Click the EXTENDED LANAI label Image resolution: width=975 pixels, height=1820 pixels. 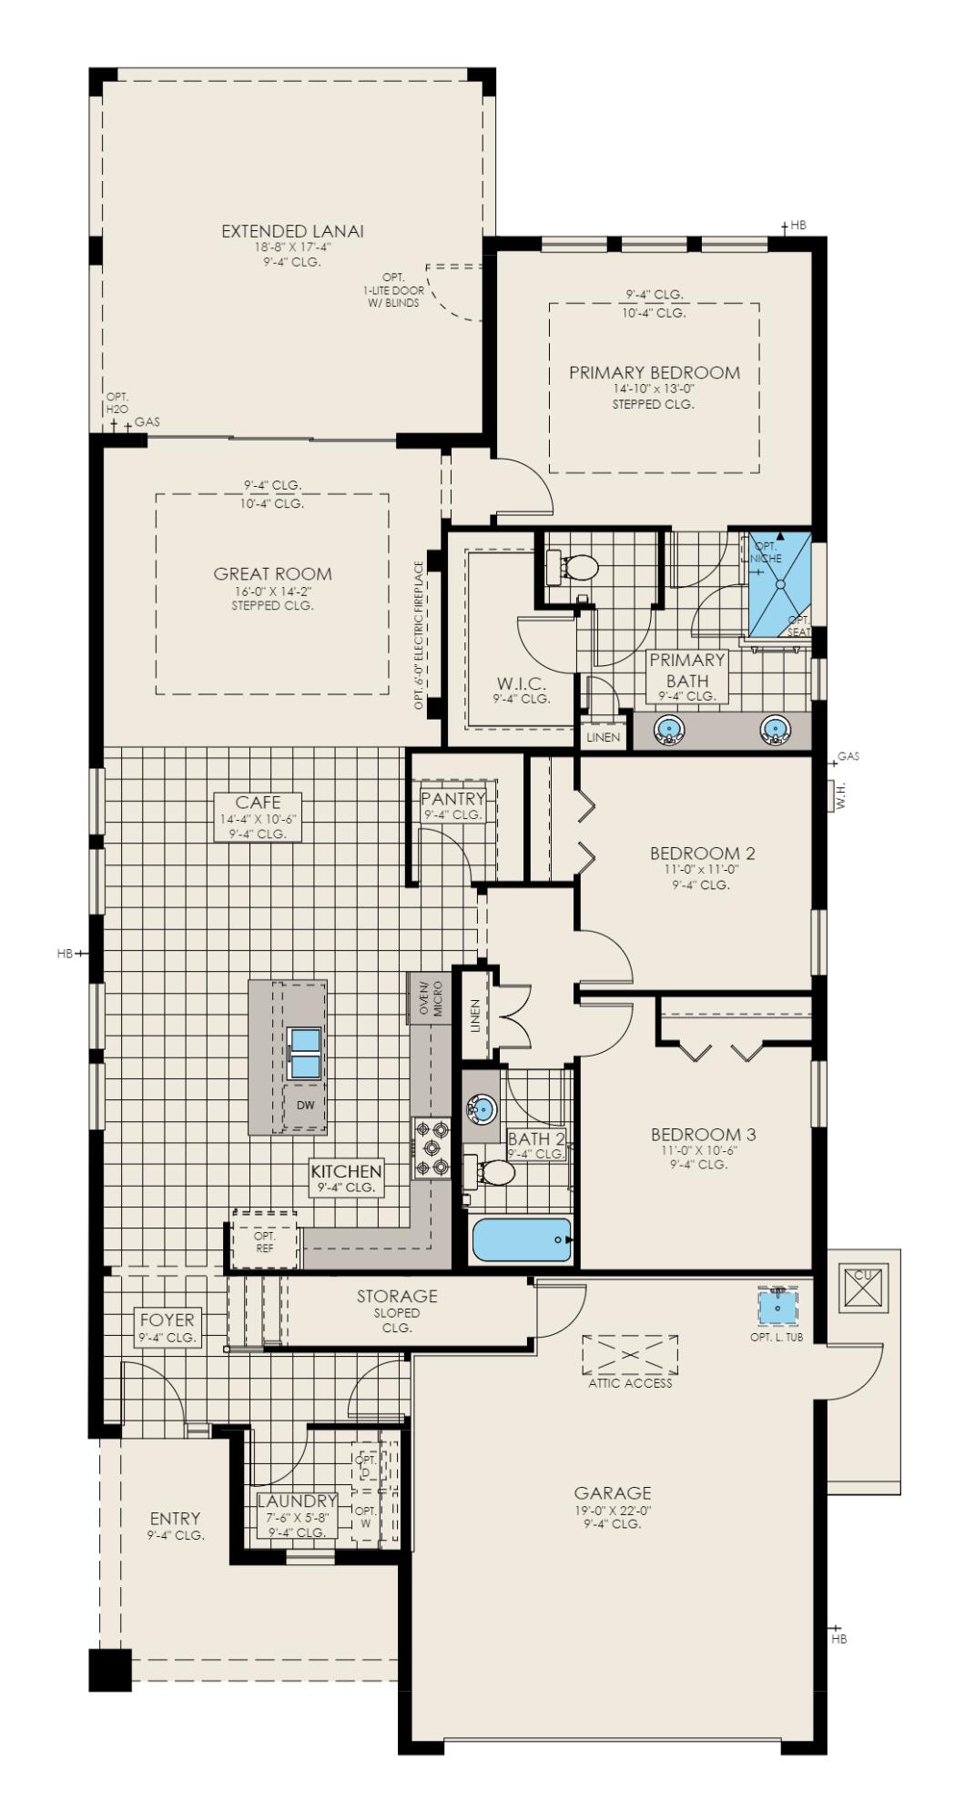coord(292,231)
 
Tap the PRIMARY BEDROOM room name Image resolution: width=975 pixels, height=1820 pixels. coord(654,372)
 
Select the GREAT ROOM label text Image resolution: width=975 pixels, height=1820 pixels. coord(272,573)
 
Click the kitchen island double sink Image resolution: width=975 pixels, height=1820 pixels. coord(305,1053)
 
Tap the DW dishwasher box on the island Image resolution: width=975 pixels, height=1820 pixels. coord(305,1106)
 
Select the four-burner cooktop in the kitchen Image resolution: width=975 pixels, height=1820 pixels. coord(432,1148)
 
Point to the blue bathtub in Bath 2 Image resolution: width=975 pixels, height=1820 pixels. coord(522,1239)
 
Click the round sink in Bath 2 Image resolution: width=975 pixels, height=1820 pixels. coord(482,1108)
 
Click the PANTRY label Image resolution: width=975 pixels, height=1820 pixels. coord(452,798)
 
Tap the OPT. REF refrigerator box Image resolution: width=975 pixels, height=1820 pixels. coord(265,1242)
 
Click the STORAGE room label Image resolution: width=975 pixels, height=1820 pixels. coord(397,1296)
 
